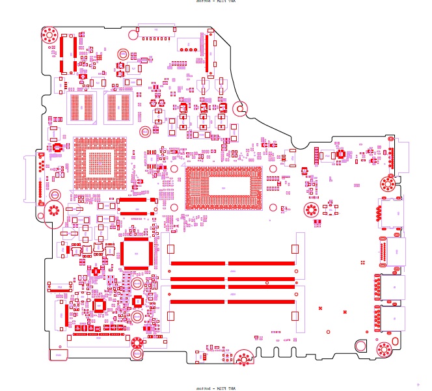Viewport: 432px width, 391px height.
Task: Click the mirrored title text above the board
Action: [x=216, y=2]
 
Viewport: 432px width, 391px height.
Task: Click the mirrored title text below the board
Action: [x=216, y=388]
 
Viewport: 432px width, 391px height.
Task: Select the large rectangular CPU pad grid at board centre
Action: [x=224, y=189]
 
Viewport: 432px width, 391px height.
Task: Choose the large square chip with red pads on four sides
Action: [x=135, y=252]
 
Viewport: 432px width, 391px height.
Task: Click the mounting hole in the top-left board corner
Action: [x=50, y=34]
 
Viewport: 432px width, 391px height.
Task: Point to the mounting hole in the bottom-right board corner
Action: [x=384, y=349]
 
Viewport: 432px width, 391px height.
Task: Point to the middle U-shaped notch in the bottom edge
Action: [x=277, y=352]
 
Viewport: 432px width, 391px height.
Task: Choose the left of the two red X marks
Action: [x=321, y=308]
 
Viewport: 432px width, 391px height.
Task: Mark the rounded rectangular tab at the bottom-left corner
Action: [x=59, y=355]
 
